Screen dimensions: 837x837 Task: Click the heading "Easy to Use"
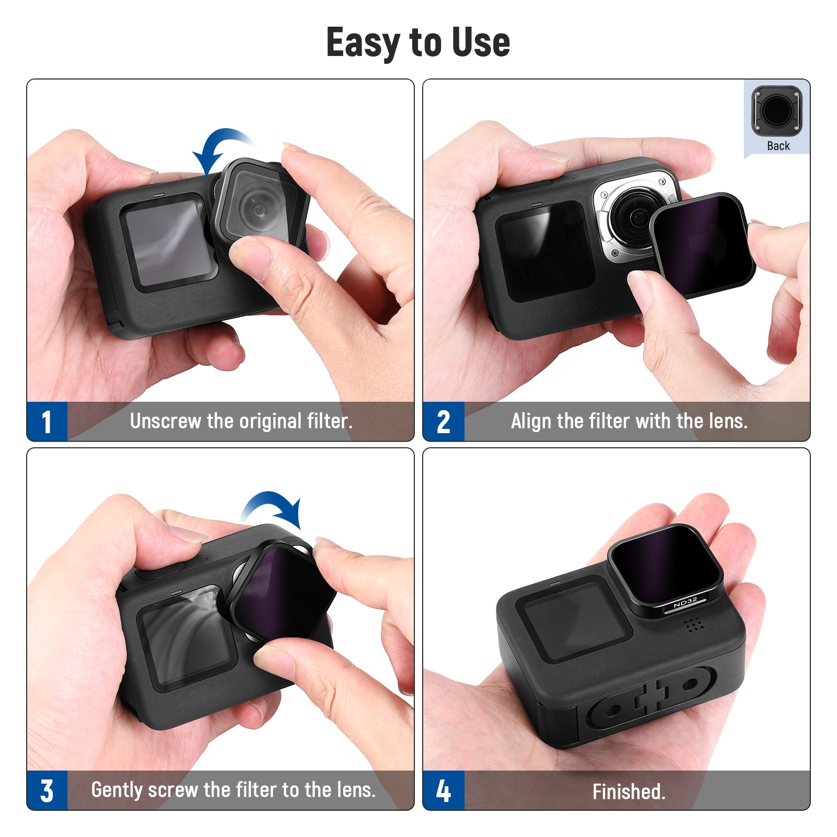coord(418,42)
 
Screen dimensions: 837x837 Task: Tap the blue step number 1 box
coord(47,422)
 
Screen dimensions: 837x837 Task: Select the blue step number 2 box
coord(444,422)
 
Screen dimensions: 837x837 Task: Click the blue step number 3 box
coord(47,790)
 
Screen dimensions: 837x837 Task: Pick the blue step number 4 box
coord(444,790)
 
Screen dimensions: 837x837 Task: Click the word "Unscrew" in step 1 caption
coord(165,421)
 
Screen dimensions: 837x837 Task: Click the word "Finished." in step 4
coord(629,791)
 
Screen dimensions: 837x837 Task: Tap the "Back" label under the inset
coord(778,146)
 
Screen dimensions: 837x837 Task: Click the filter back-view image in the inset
coord(777,111)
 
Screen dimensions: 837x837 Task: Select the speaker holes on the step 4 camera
coord(693,624)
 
